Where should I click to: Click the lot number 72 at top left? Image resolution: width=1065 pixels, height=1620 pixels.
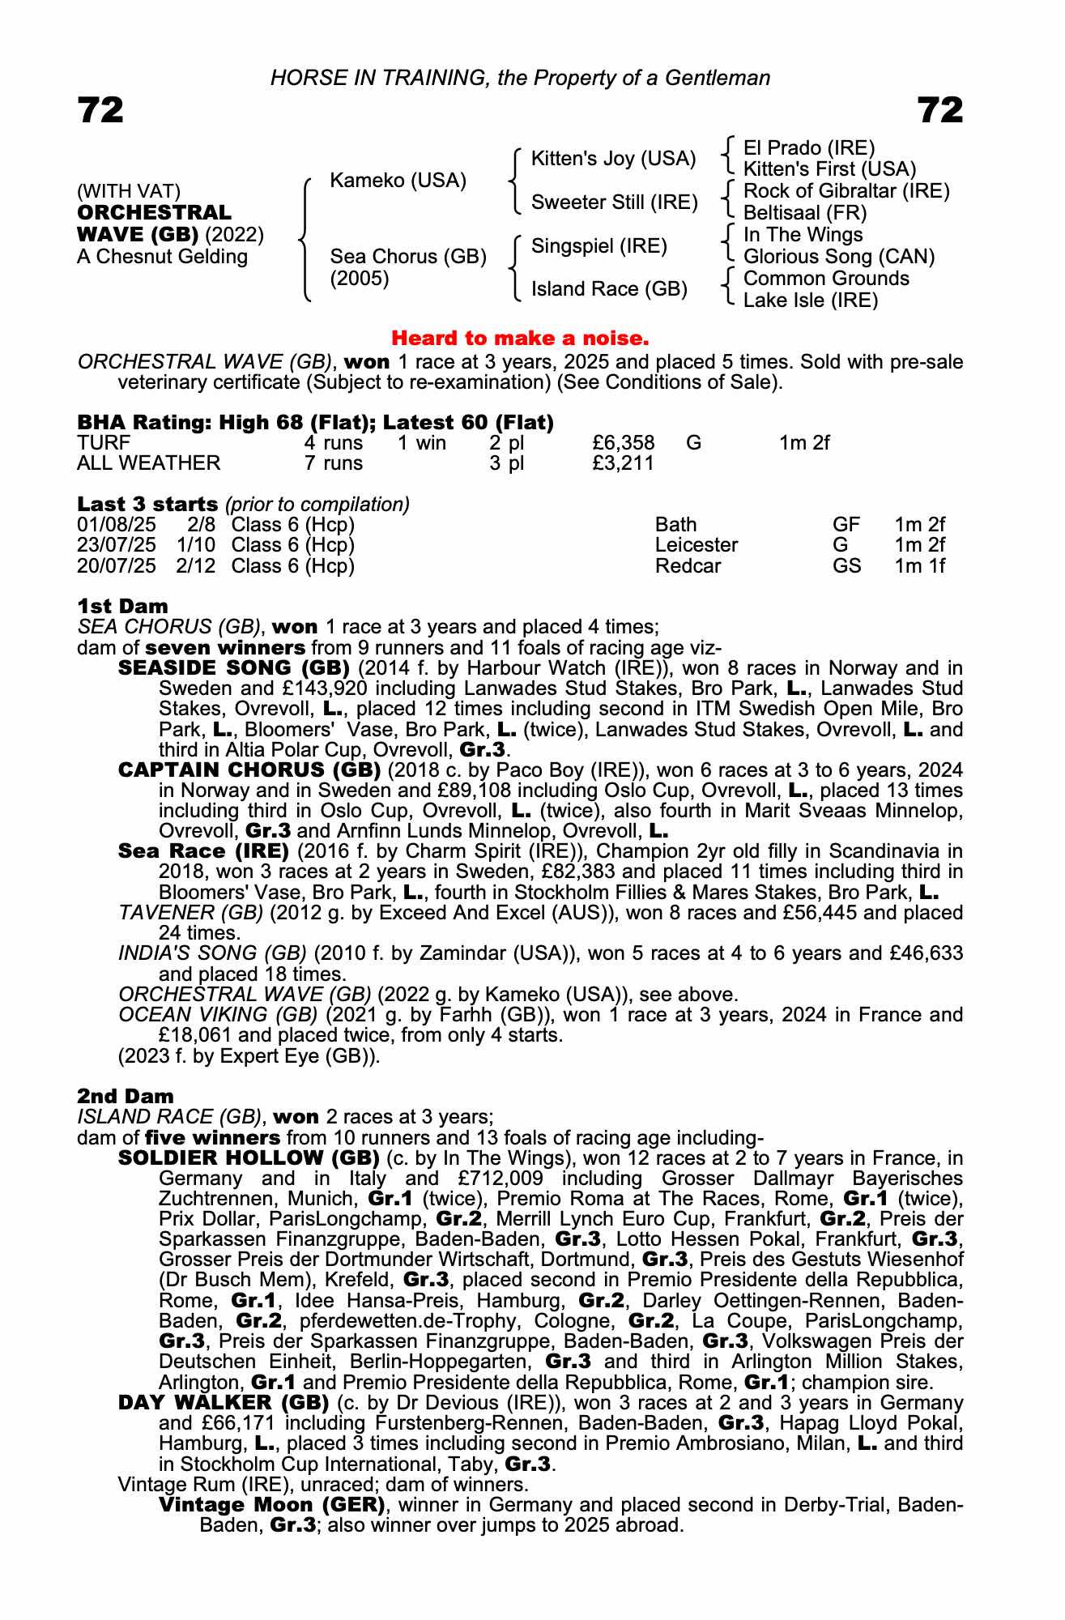100,110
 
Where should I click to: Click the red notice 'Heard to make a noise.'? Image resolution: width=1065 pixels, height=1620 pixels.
520,338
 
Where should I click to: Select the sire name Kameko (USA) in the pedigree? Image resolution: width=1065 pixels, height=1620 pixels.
398,181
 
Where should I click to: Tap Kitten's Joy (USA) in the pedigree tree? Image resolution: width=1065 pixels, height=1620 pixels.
613,159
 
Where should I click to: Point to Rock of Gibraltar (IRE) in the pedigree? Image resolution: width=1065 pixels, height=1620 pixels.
846,191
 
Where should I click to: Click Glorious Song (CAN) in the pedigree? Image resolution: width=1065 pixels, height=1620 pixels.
838,257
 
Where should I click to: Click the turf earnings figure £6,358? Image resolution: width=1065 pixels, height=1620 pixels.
623,443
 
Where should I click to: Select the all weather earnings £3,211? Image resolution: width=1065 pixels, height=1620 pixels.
623,463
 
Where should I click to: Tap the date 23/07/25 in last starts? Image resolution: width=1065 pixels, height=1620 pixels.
116,545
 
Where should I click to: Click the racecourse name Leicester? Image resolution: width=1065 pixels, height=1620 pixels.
696,545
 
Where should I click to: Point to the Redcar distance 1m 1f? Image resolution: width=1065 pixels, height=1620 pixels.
919,565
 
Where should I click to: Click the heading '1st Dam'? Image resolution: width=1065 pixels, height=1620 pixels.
122,606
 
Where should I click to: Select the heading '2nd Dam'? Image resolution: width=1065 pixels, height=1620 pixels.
125,1096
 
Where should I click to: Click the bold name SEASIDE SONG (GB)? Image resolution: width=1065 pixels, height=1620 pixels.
233,668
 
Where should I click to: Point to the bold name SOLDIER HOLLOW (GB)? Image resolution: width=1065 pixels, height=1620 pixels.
249,1157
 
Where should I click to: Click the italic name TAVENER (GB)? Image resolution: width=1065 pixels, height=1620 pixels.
190,913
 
